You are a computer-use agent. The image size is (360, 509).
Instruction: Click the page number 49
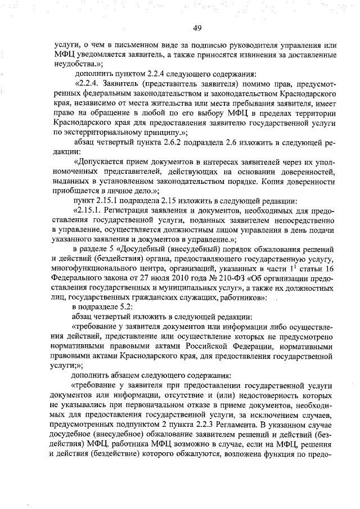[197, 28]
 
